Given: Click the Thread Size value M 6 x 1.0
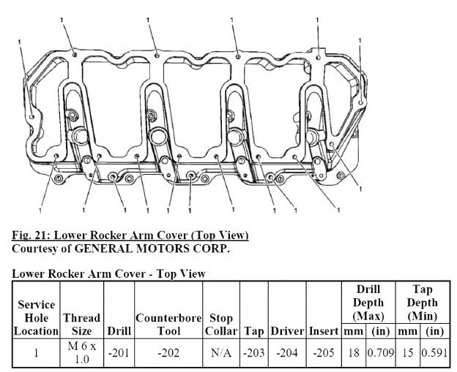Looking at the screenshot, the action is [82, 353].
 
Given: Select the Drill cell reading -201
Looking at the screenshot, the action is [119, 353].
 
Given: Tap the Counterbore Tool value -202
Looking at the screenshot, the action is [168, 353].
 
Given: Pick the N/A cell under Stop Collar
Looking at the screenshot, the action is [221, 353].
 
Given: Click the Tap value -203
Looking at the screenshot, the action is [254, 353].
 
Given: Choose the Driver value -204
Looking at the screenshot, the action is [287, 353].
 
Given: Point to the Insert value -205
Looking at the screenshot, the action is [324, 353].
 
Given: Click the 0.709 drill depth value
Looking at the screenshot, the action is [381, 353].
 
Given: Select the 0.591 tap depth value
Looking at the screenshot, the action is [434, 353].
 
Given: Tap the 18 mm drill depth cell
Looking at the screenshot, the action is [354, 353].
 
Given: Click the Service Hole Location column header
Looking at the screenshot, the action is [36, 318].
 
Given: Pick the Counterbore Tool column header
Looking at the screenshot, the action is [168, 324].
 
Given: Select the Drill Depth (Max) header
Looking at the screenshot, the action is [368, 303].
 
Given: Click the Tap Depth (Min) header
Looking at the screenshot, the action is [423, 303].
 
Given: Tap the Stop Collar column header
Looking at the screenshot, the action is [221, 324].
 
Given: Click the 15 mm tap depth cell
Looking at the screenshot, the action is [408, 353].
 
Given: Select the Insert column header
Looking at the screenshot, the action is [324, 331].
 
